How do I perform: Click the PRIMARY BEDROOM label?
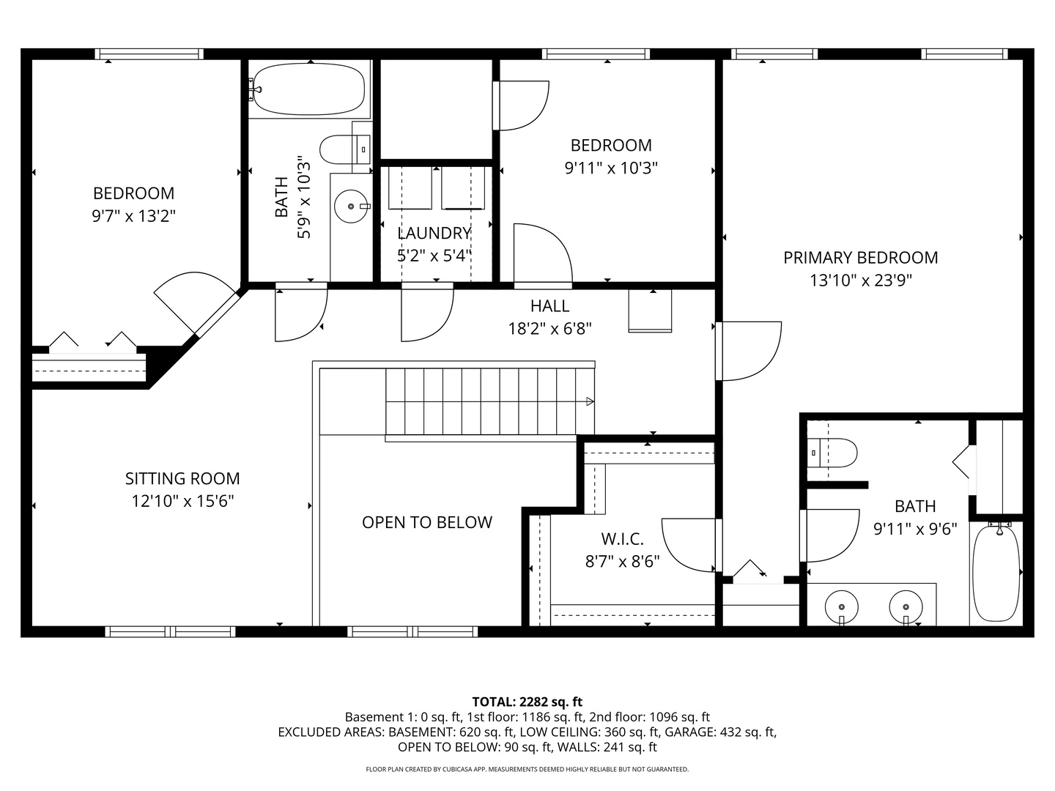pyautogui.click(x=860, y=258)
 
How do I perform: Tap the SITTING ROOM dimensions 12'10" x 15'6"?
pyautogui.click(x=182, y=502)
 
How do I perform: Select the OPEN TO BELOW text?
pyautogui.click(x=426, y=522)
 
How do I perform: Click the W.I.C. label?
pyautogui.click(x=622, y=540)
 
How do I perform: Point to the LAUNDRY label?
pyautogui.click(x=434, y=233)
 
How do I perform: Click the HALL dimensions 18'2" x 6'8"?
pyautogui.click(x=549, y=329)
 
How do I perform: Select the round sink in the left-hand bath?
pyautogui.click(x=352, y=207)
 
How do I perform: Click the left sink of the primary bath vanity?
pyautogui.click(x=842, y=607)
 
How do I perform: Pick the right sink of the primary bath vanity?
pyautogui.click(x=906, y=607)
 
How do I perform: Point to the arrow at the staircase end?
pyautogui.click(x=590, y=401)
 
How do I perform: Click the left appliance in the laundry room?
pyautogui.click(x=410, y=188)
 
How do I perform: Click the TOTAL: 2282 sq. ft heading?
pyautogui.click(x=527, y=702)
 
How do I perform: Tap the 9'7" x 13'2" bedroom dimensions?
pyautogui.click(x=134, y=216)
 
